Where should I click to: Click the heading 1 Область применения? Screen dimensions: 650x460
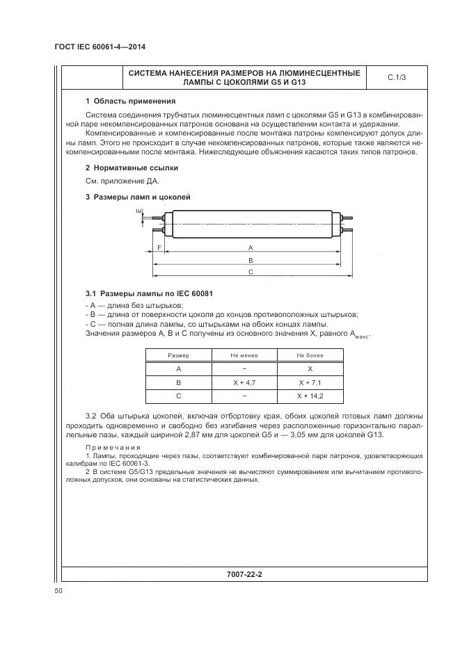pos(120,101)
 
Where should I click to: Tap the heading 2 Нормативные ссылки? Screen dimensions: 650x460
pos(122,168)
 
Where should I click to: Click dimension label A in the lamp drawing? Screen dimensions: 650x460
pos(250,247)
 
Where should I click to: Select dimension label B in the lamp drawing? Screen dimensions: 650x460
pos(250,260)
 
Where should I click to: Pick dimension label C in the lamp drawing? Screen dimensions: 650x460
pos(250,273)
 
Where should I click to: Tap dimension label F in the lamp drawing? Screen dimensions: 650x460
pos(159,247)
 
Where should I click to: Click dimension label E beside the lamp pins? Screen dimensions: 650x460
pos(138,211)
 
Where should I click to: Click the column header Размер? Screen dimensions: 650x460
pos(179,356)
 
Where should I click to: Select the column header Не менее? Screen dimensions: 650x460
pos(244,356)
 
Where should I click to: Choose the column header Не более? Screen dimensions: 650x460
pos(310,356)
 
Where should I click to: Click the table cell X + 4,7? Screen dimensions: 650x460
pos(244,382)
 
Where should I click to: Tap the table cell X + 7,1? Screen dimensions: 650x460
pos(310,382)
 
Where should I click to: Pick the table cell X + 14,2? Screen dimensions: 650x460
pos(310,396)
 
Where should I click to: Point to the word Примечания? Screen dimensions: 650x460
pos(113,447)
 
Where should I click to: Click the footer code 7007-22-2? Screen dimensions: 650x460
pos(248,575)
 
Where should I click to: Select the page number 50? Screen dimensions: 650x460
pos(58,591)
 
